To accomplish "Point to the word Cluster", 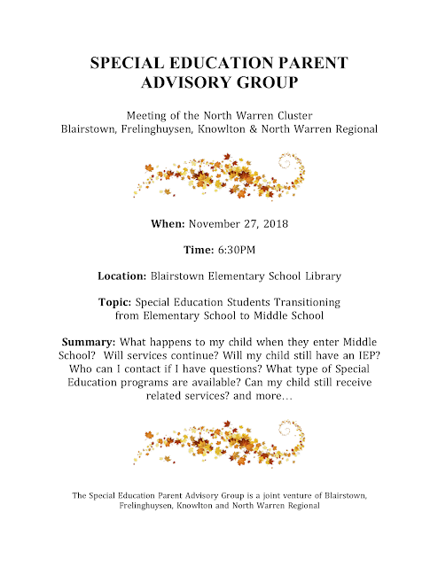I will click(290, 115).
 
